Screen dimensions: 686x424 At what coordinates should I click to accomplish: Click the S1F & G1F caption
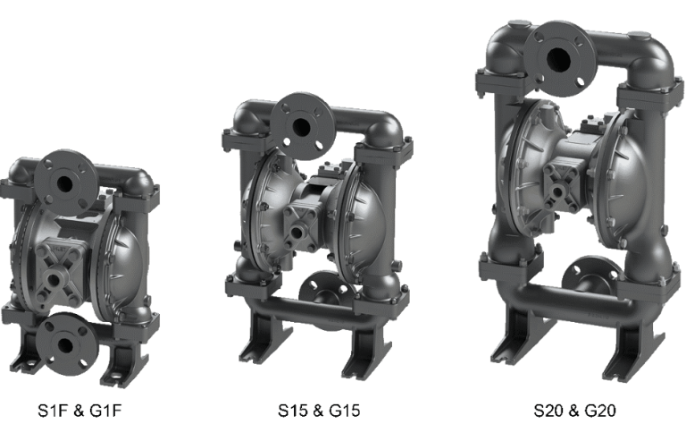click(x=79, y=411)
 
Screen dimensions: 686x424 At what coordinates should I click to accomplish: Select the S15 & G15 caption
click(x=319, y=411)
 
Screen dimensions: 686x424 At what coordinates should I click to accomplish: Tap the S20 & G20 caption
click(x=575, y=411)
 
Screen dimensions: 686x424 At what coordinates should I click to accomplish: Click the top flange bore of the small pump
click(x=64, y=183)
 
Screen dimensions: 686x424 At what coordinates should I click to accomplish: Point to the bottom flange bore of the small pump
click(x=65, y=345)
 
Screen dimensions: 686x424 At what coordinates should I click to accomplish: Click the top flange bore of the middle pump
click(x=301, y=127)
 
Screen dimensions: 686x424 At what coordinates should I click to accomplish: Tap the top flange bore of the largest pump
click(x=558, y=59)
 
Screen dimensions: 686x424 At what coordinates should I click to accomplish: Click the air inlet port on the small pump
click(x=54, y=279)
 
